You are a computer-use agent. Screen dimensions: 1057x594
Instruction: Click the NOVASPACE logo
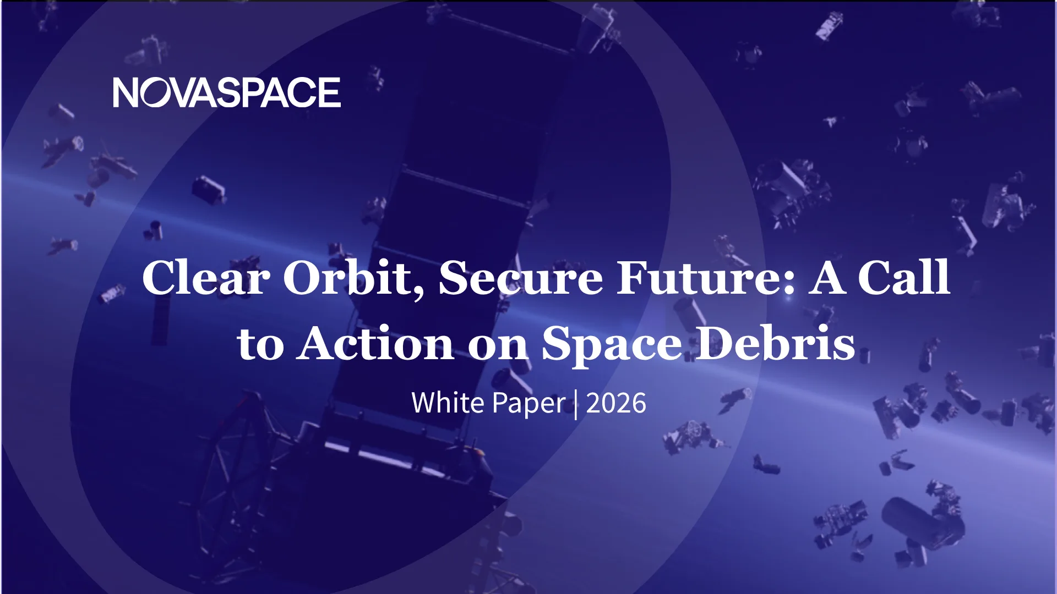[227, 92]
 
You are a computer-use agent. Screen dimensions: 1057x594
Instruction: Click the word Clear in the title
[206, 277]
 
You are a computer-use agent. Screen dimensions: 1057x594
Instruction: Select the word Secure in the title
[521, 277]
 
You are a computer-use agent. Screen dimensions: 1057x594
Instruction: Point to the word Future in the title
[700, 277]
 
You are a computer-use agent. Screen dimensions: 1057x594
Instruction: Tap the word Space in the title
[612, 344]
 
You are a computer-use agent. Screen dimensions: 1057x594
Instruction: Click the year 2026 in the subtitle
[616, 403]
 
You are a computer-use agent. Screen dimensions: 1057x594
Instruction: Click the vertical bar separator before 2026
[576, 404]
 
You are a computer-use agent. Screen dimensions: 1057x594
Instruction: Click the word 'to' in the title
[260, 345]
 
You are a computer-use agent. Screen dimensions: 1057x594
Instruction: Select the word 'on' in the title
[498, 347]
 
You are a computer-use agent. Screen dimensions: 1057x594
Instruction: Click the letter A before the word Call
[827, 277]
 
